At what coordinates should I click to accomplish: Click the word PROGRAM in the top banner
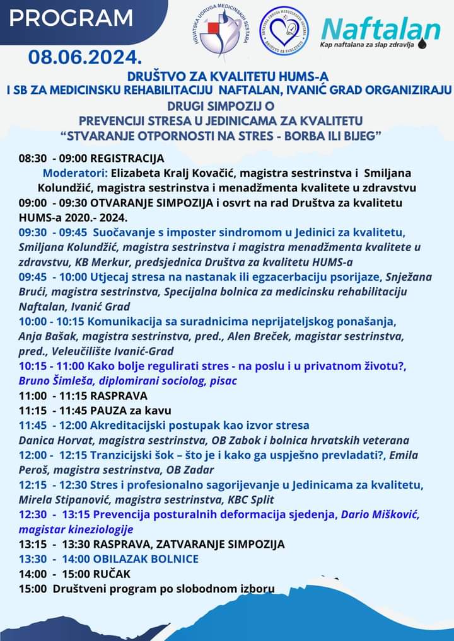71,18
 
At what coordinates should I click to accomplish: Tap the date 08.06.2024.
85,58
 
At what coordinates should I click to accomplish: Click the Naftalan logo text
381,29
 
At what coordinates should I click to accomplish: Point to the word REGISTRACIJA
132,158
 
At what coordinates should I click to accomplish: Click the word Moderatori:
76,173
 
